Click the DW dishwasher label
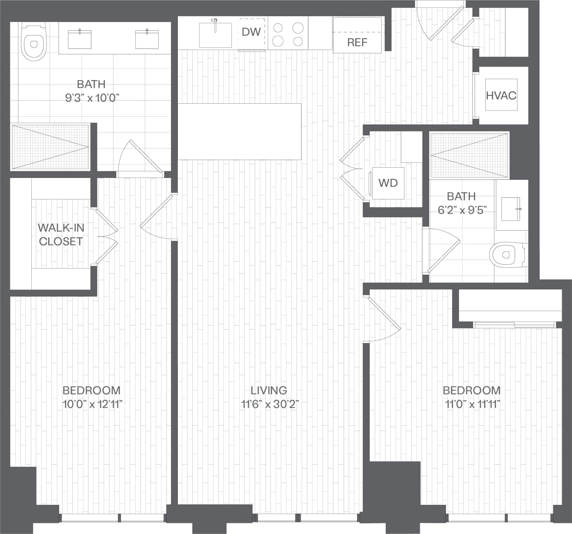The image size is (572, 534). point(252,32)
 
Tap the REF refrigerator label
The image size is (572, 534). point(357,42)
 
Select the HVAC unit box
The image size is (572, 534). point(501,95)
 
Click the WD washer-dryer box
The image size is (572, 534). point(388,183)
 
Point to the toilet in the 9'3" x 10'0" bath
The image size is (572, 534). point(34,42)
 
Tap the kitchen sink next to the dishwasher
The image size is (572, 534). point(215,34)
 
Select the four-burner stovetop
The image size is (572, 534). point(288,34)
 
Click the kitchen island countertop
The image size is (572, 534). point(240,131)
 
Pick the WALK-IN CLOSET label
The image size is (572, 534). point(61,234)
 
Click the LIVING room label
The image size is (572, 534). point(269,390)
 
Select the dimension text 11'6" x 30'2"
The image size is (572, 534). point(269,405)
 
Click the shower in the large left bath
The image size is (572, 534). point(50,147)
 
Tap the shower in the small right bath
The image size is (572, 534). point(469,156)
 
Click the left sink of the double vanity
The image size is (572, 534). point(80,39)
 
